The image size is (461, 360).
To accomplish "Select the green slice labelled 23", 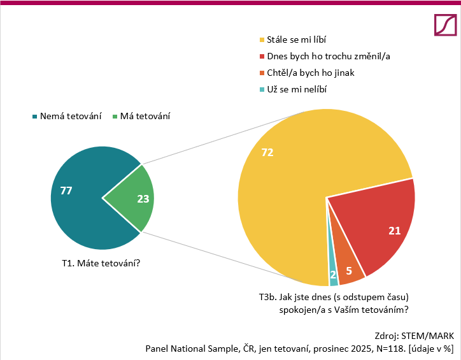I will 134,198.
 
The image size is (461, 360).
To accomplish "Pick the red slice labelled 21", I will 376,223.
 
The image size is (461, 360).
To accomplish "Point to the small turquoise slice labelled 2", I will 333,274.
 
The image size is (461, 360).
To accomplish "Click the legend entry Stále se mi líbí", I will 299,40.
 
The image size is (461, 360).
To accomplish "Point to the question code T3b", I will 267,298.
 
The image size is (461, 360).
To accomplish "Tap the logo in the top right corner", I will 444,25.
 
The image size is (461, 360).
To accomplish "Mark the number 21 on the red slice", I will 394,230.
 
